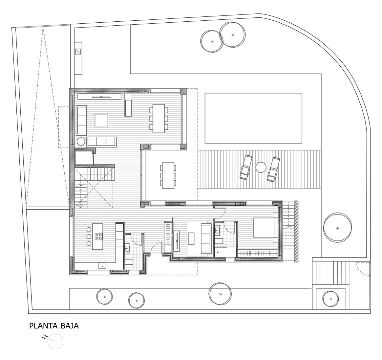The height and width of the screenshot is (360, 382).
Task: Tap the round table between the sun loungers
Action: (261, 168)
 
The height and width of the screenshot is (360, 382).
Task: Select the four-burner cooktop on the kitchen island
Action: (99, 236)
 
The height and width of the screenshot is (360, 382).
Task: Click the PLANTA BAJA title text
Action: (54, 326)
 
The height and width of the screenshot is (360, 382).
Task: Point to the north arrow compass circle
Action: (55, 341)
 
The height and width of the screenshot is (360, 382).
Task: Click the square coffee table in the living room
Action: (101, 121)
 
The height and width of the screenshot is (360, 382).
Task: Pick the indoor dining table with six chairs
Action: (159, 119)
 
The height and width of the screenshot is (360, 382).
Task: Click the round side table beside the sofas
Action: (81, 142)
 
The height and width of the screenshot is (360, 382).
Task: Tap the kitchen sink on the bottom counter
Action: (102, 265)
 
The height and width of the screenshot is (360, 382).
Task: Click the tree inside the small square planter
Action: (330, 299)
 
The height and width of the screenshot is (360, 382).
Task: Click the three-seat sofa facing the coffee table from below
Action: (102, 142)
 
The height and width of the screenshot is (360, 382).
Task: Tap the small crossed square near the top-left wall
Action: (78, 52)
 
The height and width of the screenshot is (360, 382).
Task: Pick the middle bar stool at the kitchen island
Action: (89, 236)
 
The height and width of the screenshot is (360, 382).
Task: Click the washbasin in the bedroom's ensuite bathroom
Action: (217, 230)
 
